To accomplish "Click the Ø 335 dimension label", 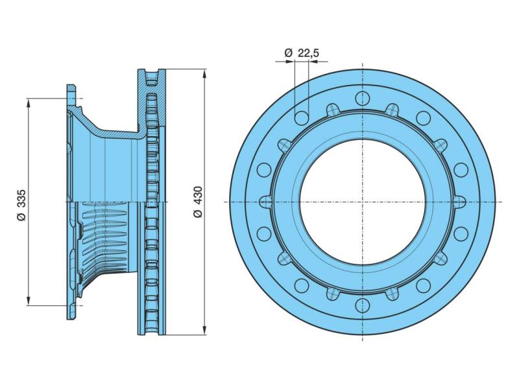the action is click(21, 205).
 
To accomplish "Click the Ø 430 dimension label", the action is click(198, 202).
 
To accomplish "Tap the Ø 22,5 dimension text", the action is click(302, 53).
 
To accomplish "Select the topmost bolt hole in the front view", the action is click(363, 99).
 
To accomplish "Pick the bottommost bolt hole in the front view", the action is click(363, 305).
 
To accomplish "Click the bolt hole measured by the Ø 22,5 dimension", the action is click(302, 117).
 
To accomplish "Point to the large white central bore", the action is click(363, 202).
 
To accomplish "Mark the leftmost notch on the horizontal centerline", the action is click(266, 202).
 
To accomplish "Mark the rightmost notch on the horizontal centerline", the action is click(459, 202).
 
